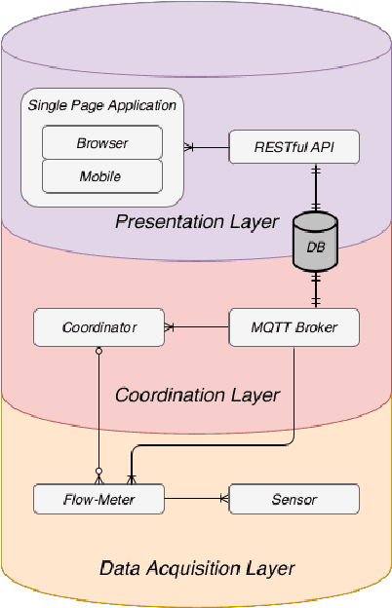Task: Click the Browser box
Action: pyautogui.click(x=101, y=144)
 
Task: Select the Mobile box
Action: pyautogui.click(x=101, y=176)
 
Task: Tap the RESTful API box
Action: pyautogui.click(x=294, y=147)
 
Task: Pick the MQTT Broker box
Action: pyautogui.click(x=294, y=327)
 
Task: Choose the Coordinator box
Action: pyautogui.click(x=98, y=327)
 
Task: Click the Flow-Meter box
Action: pyautogui.click(x=98, y=500)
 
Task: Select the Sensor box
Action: pyautogui.click(x=294, y=500)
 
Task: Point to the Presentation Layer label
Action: pyautogui.click(x=197, y=221)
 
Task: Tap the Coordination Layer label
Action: pyautogui.click(x=197, y=395)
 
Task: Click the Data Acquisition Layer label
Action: pyautogui.click(x=197, y=567)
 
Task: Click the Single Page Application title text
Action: pyautogui.click(x=101, y=105)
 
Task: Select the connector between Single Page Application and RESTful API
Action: pyautogui.click(x=207, y=147)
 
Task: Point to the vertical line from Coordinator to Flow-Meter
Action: pyautogui.click(x=98, y=409)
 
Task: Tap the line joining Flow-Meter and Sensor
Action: pyautogui.click(x=195, y=500)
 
